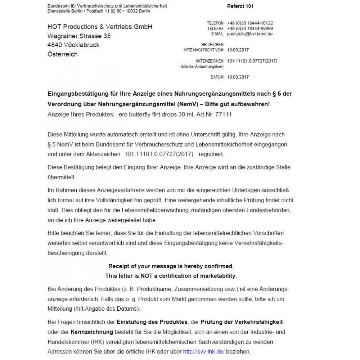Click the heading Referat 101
click(240, 6)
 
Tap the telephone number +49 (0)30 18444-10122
click(250, 23)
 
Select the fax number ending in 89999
click(250, 28)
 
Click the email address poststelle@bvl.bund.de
click(250, 34)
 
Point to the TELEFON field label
click(215, 23)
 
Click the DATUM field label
click(217, 77)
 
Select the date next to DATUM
click(238, 77)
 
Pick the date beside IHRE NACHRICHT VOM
click(238, 50)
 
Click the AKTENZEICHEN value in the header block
click(252, 61)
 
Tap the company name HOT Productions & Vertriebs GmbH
click(100, 27)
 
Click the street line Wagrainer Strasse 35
click(79, 36)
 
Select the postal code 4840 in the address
click(54, 45)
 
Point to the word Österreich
click(62, 54)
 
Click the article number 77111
click(224, 114)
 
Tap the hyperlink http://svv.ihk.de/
click(203, 351)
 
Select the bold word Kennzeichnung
click(92, 332)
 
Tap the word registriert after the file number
click(211, 154)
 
